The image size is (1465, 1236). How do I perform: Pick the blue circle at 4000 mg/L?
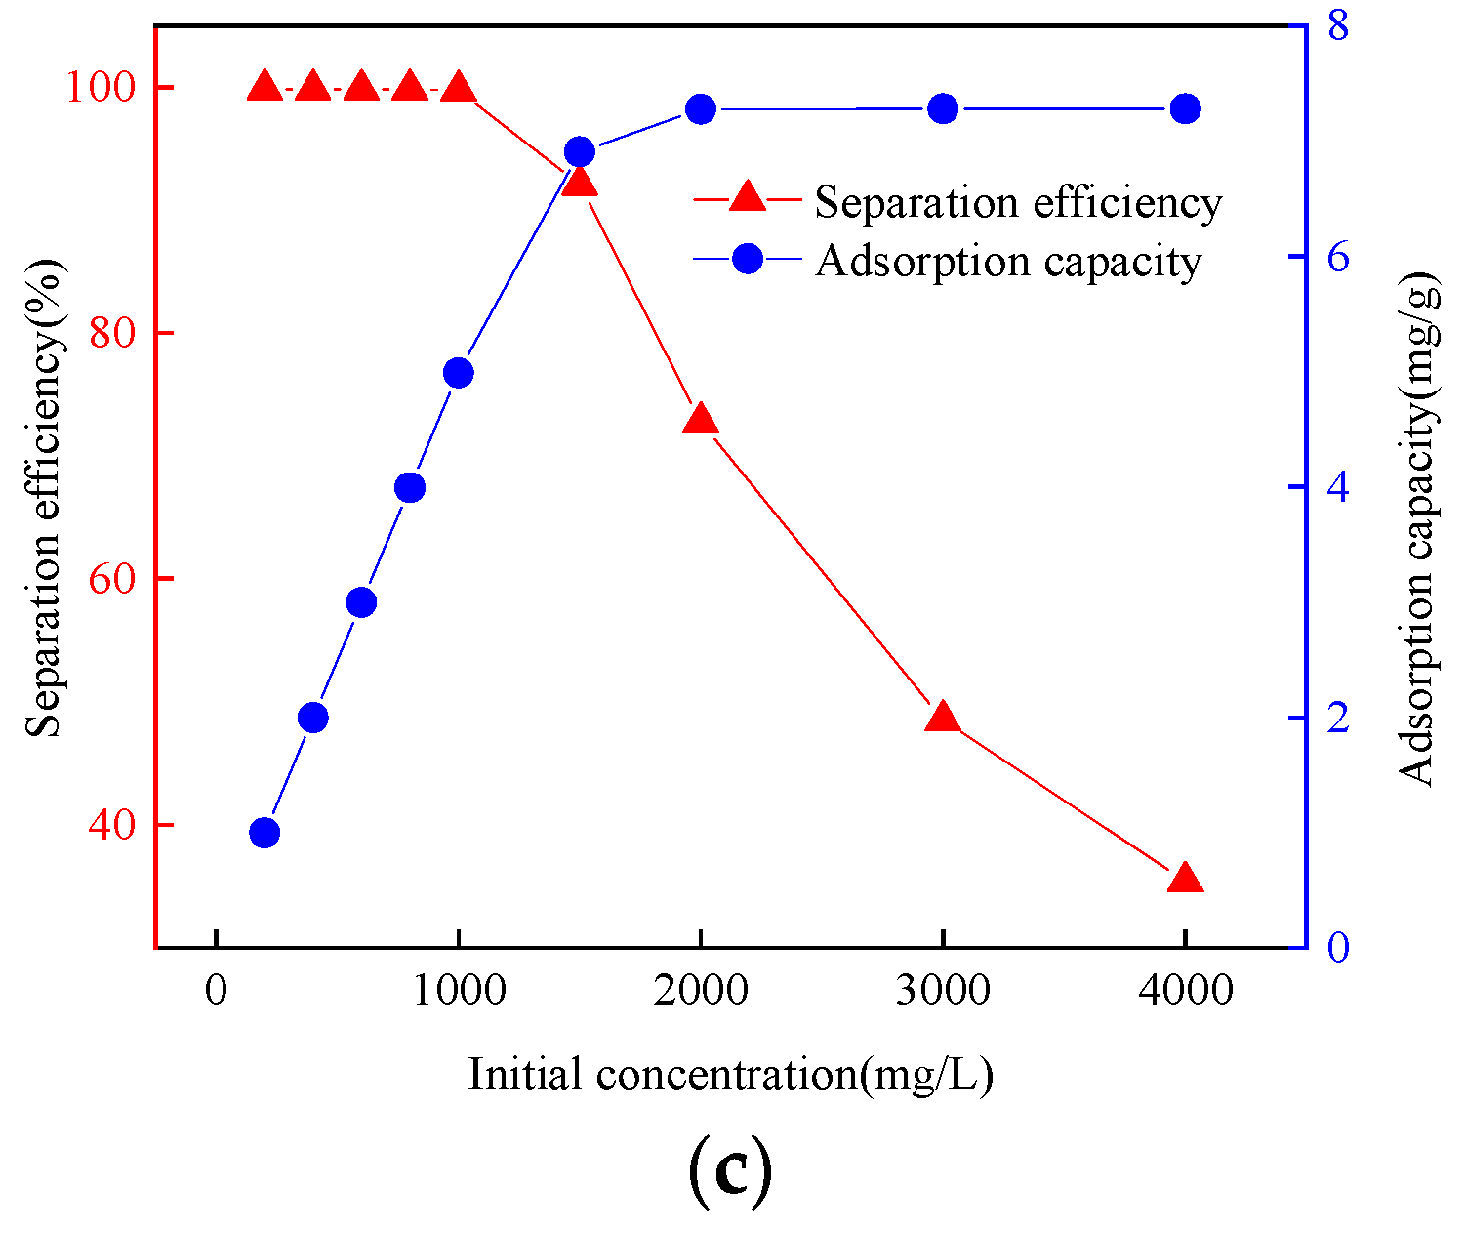click(1186, 108)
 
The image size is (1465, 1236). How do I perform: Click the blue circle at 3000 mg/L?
click(943, 108)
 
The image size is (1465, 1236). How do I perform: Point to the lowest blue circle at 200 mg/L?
click(265, 833)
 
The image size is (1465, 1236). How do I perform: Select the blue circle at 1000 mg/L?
click(458, 373)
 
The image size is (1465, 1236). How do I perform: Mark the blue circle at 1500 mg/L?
click(580, 152)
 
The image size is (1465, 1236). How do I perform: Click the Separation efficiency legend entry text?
click(1018, 202)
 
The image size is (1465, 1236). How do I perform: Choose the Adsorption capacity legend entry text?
click(1008, 261)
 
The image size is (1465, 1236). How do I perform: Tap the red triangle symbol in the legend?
click(748, 198)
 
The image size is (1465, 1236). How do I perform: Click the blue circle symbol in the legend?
click(748, 259)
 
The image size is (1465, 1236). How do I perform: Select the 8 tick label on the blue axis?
click(1337, 26)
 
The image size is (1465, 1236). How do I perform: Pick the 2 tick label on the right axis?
click(1337, 718)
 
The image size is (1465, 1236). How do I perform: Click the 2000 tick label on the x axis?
click(700, 991)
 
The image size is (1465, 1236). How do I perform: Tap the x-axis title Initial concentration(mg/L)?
click(730, 1075)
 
